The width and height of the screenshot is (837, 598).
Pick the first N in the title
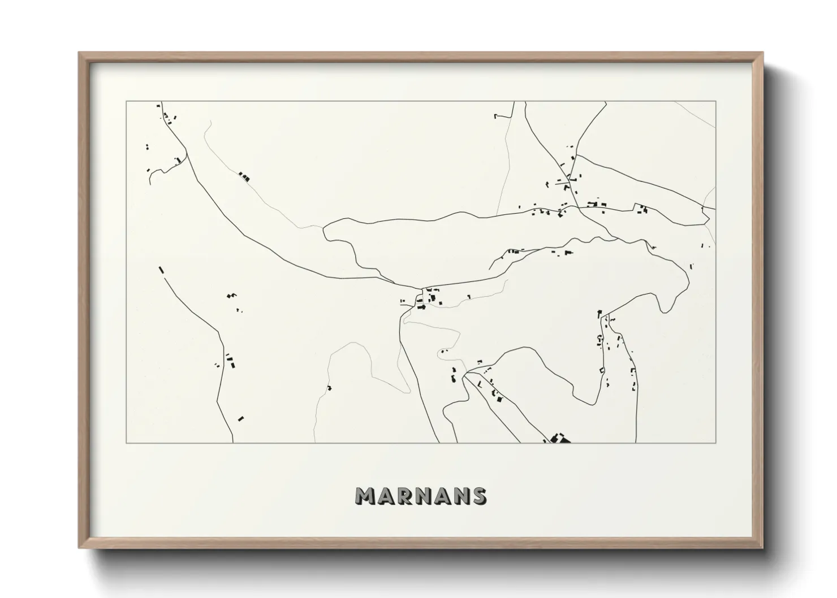pos(421,496)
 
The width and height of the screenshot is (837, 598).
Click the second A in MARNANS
pos(441,496)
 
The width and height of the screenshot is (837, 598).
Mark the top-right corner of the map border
pos(716,102)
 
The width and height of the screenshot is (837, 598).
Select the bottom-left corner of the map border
pos(126,443)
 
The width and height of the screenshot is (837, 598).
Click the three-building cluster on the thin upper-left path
pos(244,177)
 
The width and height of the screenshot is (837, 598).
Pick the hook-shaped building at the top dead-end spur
pos(496,116)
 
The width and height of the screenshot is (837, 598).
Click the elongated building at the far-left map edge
pos(161,270)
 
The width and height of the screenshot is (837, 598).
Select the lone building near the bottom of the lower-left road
pos(241,419)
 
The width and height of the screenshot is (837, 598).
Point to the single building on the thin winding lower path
pos(329,388)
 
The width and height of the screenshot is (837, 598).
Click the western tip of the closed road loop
pos(323,228)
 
